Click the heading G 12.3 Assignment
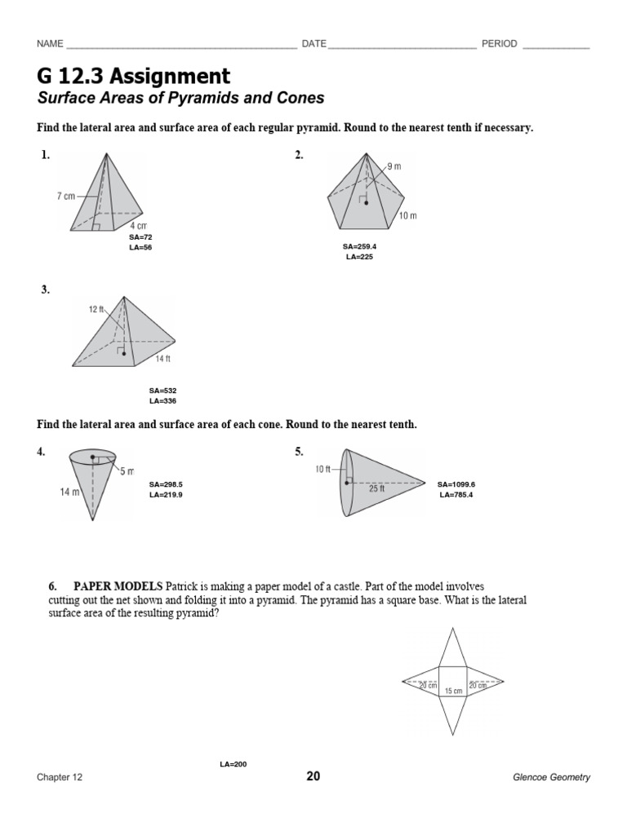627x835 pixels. pyautogui.click(x=134, y=77)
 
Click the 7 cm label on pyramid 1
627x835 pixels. pyautogui.click(x=66, y=197)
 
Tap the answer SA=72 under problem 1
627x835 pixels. pyautogui.click(x=140, y=237)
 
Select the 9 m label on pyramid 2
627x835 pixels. pyautogui.click(x=394, y=166)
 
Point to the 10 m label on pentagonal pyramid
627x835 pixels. pyautogui.click(x=408, y=215)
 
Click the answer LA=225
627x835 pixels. pyautogui.click(x=359, y=257)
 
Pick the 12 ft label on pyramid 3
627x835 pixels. pyautogui.click(x=97, y=309)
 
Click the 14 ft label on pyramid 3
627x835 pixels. pyautogui.click(x=163, y=359)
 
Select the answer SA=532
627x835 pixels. pyautogui.click(x=162, y=391)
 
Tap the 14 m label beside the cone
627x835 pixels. pyautogui.click(x=69, y=492)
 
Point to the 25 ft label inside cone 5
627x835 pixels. pyautogui.click(x=377, y=489)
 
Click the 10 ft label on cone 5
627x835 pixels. pyautogui.click(x=323, y=469)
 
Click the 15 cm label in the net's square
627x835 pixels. pyautogui.click(x=453, y=691)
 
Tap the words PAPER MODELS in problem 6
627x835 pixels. pyautogui.click(x=118, y=586)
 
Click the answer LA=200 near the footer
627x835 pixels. pyautogui.click(x=233, y=764)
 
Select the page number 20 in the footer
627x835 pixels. pyautogui.click(x=313, y=776)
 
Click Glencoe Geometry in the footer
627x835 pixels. pyautogui.click(x=551, y=777)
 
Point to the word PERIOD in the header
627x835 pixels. pyautogui.click(x=499, y=44)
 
